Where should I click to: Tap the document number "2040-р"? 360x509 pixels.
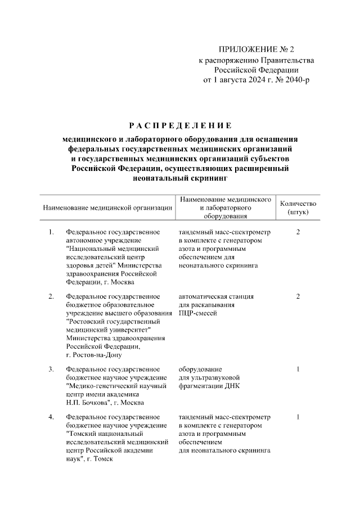click(295, 80)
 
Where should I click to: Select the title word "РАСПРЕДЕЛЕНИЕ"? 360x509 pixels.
click(179, 125)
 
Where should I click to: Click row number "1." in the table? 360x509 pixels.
click(52, 232)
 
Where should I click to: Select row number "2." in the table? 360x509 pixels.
click(52, 296)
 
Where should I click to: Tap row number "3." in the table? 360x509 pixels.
click(52, 369)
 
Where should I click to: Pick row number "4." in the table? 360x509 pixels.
click(52, 417)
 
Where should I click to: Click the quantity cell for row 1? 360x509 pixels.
click(298, 232)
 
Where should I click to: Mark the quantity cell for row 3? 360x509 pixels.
click(298, 369)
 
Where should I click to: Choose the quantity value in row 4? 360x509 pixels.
click(298, 417)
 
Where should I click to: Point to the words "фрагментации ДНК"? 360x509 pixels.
click(209, 386)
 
